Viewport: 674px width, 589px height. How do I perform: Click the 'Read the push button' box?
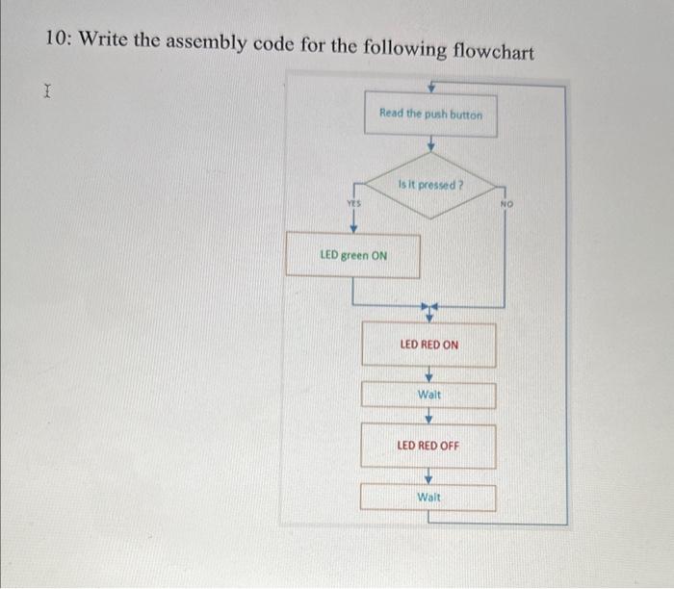[x=429, y=115]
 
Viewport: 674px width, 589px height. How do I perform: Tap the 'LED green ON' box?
[x=353, y=256]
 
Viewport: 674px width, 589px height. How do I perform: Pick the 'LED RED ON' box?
[x=428, y=345]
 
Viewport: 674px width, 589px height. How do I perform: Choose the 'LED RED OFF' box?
[x=428, y=446]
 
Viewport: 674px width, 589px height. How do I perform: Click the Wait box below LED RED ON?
[x=428, y=395]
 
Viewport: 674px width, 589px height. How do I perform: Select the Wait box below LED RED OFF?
[x=428, y=497]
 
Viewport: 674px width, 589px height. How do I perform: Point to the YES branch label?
[x=353, y=203]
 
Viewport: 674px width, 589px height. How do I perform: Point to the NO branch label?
[x=508, y=204]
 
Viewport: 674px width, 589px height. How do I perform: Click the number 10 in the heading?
[x=57, y=40]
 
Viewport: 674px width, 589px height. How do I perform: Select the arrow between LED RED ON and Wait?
[x=429, y=374]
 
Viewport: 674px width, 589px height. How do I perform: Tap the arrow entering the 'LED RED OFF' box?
[x=429, y=418]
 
